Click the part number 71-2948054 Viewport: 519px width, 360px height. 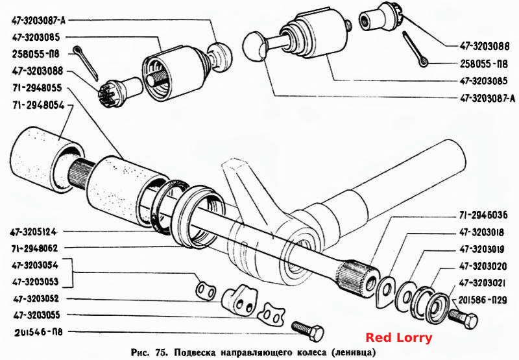pos(38,105)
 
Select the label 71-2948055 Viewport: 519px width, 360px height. pos(37,88)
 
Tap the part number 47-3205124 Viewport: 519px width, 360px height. pos(33,232)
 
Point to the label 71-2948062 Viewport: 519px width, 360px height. pos(35,248)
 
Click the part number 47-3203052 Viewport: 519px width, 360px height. pos(36,299)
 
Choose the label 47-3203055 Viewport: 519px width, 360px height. pos(37,315)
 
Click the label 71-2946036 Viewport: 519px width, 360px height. pos(483,215)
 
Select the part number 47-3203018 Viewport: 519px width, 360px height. pos(482,232)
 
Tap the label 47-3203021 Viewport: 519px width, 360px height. pos(482,283)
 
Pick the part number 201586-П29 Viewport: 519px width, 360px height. pos(483,300)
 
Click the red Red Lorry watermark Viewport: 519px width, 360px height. pos(399,338)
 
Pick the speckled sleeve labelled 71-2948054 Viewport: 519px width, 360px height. pos(46,160)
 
